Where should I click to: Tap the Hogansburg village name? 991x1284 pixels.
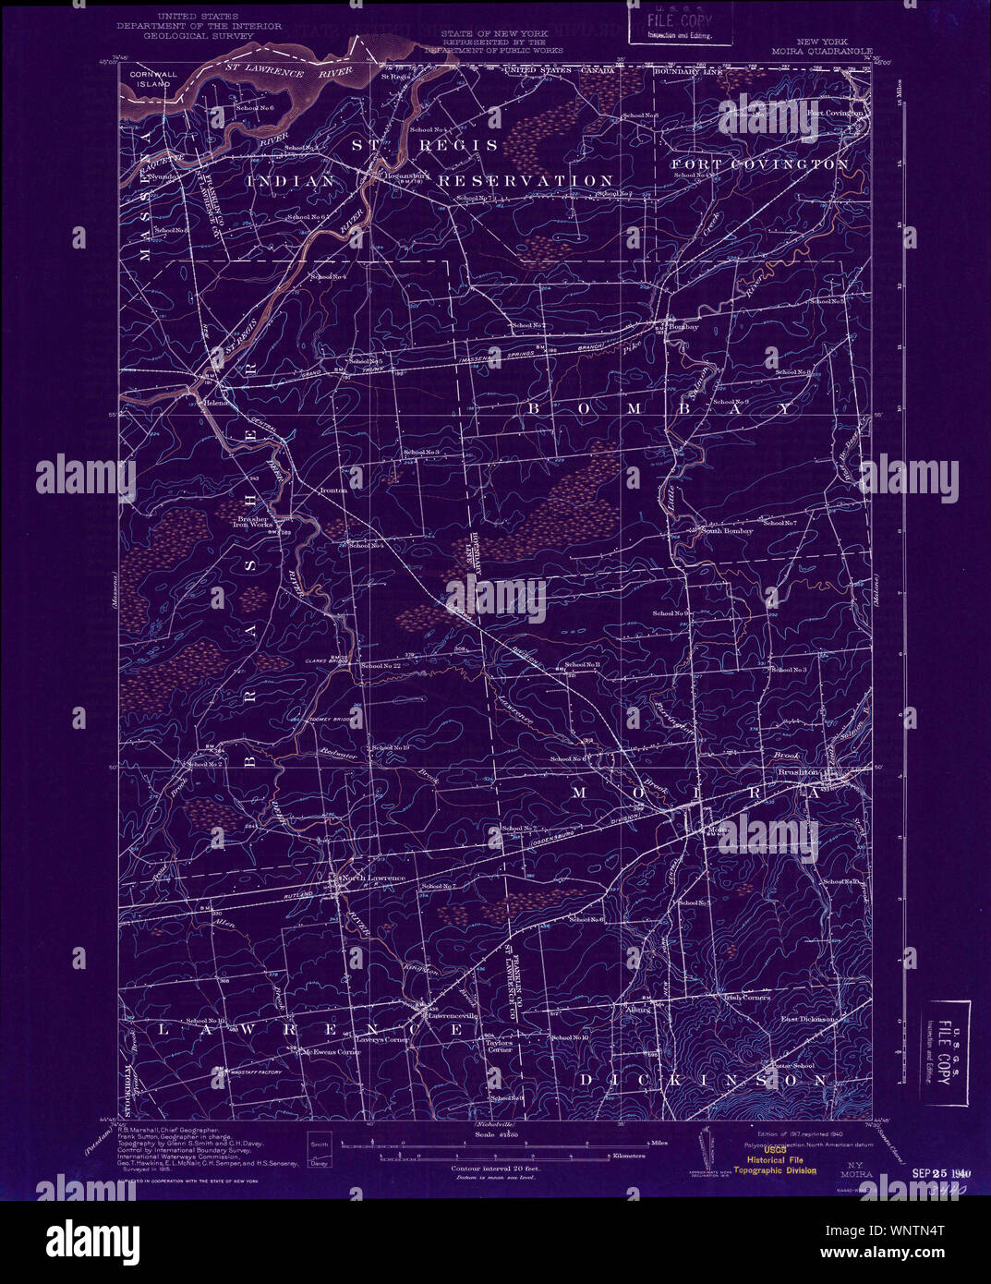[393, 173]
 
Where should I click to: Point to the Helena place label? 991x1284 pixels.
[215, 404]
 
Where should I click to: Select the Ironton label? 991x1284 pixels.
[332, 491]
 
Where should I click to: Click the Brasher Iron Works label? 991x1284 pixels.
[251, 521]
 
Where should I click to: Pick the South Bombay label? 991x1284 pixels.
[727, 531]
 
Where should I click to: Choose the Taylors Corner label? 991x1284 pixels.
[500, 1045]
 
